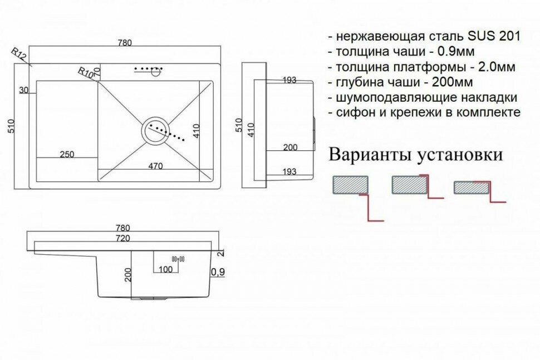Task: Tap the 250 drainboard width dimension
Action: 66,154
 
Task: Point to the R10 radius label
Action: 86,73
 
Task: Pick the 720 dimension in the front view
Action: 122,238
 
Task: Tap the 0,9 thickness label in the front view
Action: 218,273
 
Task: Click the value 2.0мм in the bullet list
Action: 489,67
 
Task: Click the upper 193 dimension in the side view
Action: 289,80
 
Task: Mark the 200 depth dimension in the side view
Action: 289,147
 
